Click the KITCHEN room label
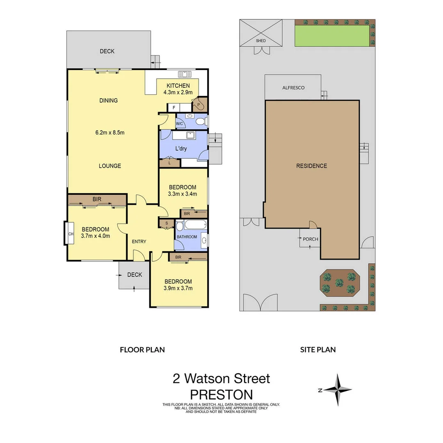(x=178, y=86)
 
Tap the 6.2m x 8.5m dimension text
(x=110, y=132)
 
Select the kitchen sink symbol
(x=185, y=74)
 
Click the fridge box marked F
(x=174, y=107)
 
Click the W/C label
(x=180, y=123)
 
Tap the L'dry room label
(x=181, y=148)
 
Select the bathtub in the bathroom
(x=192, y=225)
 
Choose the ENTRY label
(x=139, y=242)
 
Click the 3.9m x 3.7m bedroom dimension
(x=178, y=288)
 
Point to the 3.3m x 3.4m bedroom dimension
(x=183, y=194)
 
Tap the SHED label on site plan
(x=261, y=41)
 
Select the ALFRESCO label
(x=293, y=88)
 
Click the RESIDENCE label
(x=312, y=166)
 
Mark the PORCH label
(x=311, y=239)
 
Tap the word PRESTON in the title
(x=221, y=395)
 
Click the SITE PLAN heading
(x=318, y=350)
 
